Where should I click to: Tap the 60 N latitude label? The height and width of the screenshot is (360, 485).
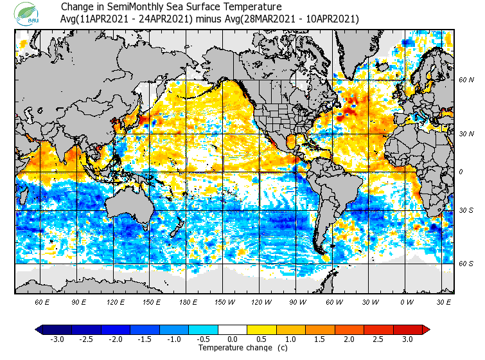[466, 80]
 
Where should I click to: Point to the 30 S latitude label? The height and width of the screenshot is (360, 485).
[466, 211]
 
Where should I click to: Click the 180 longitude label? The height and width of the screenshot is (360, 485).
[188, 301]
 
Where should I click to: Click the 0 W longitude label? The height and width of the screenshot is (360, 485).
[406, 301]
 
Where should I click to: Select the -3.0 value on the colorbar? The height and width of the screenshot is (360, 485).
[57, 339]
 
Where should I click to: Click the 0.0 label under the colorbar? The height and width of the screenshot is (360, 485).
[233, 339]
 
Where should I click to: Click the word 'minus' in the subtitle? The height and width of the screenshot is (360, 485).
[209, 19]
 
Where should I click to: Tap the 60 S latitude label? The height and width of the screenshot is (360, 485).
[466, 263]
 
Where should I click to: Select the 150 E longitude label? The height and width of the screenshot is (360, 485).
[151, 301]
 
